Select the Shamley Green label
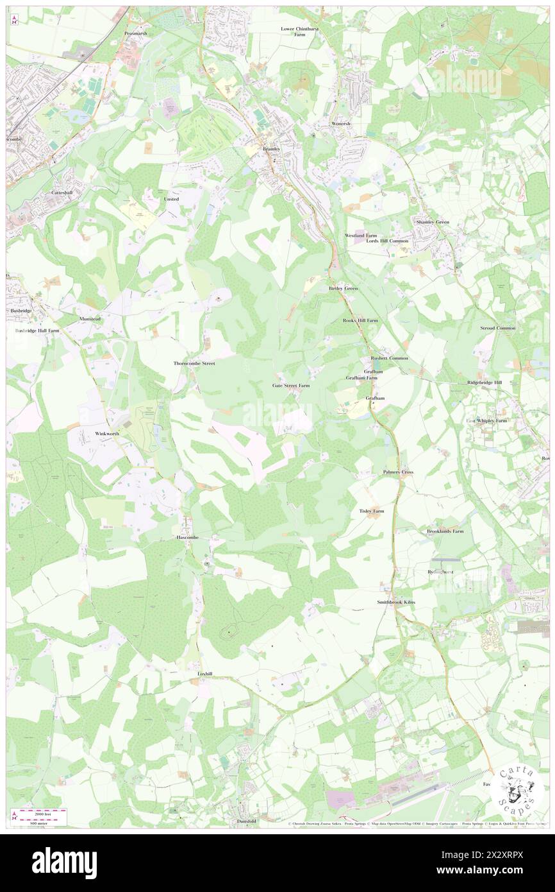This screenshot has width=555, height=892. tap(433, 221)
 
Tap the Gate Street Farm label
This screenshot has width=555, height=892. tap(291, 386)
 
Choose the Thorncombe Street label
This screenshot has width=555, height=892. tap(194, 363)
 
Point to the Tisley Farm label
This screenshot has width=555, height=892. tap(372, 511)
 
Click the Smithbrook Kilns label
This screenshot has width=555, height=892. tap(395, 603)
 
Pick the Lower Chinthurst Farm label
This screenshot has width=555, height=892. tap(299, 31)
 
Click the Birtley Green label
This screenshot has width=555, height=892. tap(343, 289)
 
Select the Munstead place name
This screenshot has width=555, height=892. tap(90, 318)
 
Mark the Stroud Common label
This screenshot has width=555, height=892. tap(497, 328)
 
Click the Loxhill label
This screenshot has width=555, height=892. tap(204, 674)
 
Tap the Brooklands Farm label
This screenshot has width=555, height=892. tap(445, 531)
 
